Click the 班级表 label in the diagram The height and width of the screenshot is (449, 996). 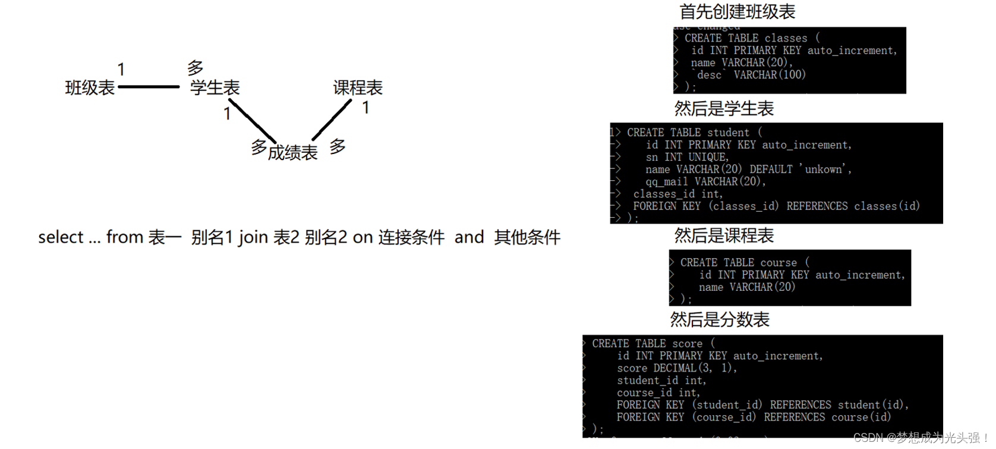point(90,88)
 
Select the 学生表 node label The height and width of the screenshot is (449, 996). point(215,88)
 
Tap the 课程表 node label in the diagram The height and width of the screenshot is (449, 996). point(358,88)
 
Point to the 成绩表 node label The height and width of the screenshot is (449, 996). point(292,153)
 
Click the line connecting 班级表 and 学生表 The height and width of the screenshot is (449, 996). point(149,87)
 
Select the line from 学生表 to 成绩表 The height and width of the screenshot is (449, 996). point(252,121)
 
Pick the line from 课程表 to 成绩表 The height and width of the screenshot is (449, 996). point(332,120)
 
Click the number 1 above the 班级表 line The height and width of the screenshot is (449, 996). point(121,70)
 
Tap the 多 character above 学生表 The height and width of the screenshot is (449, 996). point(196,68)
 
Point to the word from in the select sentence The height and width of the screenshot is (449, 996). point(124,237)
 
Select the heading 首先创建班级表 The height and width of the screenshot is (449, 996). point(737,11)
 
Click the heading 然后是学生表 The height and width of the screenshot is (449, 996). point(724,109)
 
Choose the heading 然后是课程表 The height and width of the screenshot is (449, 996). point(724,236)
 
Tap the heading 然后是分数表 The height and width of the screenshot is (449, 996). point(720,320)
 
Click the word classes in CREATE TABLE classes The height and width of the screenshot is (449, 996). point(786,38)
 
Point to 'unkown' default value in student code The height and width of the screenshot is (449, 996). point(824,169)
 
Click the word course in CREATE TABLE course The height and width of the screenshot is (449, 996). point(778,262)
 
